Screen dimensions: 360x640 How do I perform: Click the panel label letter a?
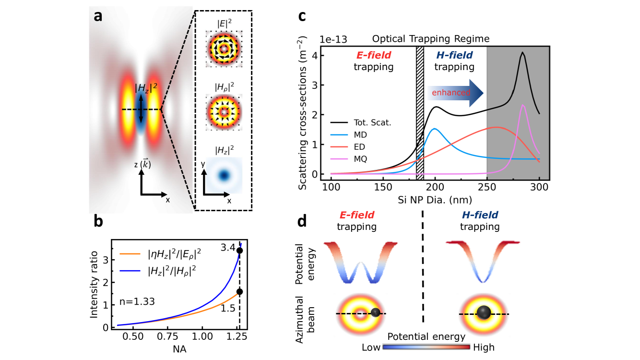98,17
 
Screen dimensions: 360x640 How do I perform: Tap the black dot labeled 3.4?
239,251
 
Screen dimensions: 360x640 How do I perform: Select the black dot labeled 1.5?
239,291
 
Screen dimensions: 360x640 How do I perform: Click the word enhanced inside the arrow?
451,92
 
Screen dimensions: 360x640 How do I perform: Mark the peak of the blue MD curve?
435,129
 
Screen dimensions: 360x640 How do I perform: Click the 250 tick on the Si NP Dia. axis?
487,185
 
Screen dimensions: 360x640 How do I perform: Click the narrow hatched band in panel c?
420,110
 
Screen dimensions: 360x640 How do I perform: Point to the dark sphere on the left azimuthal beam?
376,313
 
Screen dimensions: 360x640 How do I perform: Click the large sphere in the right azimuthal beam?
483,313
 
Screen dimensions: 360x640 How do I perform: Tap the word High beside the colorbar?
484,347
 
